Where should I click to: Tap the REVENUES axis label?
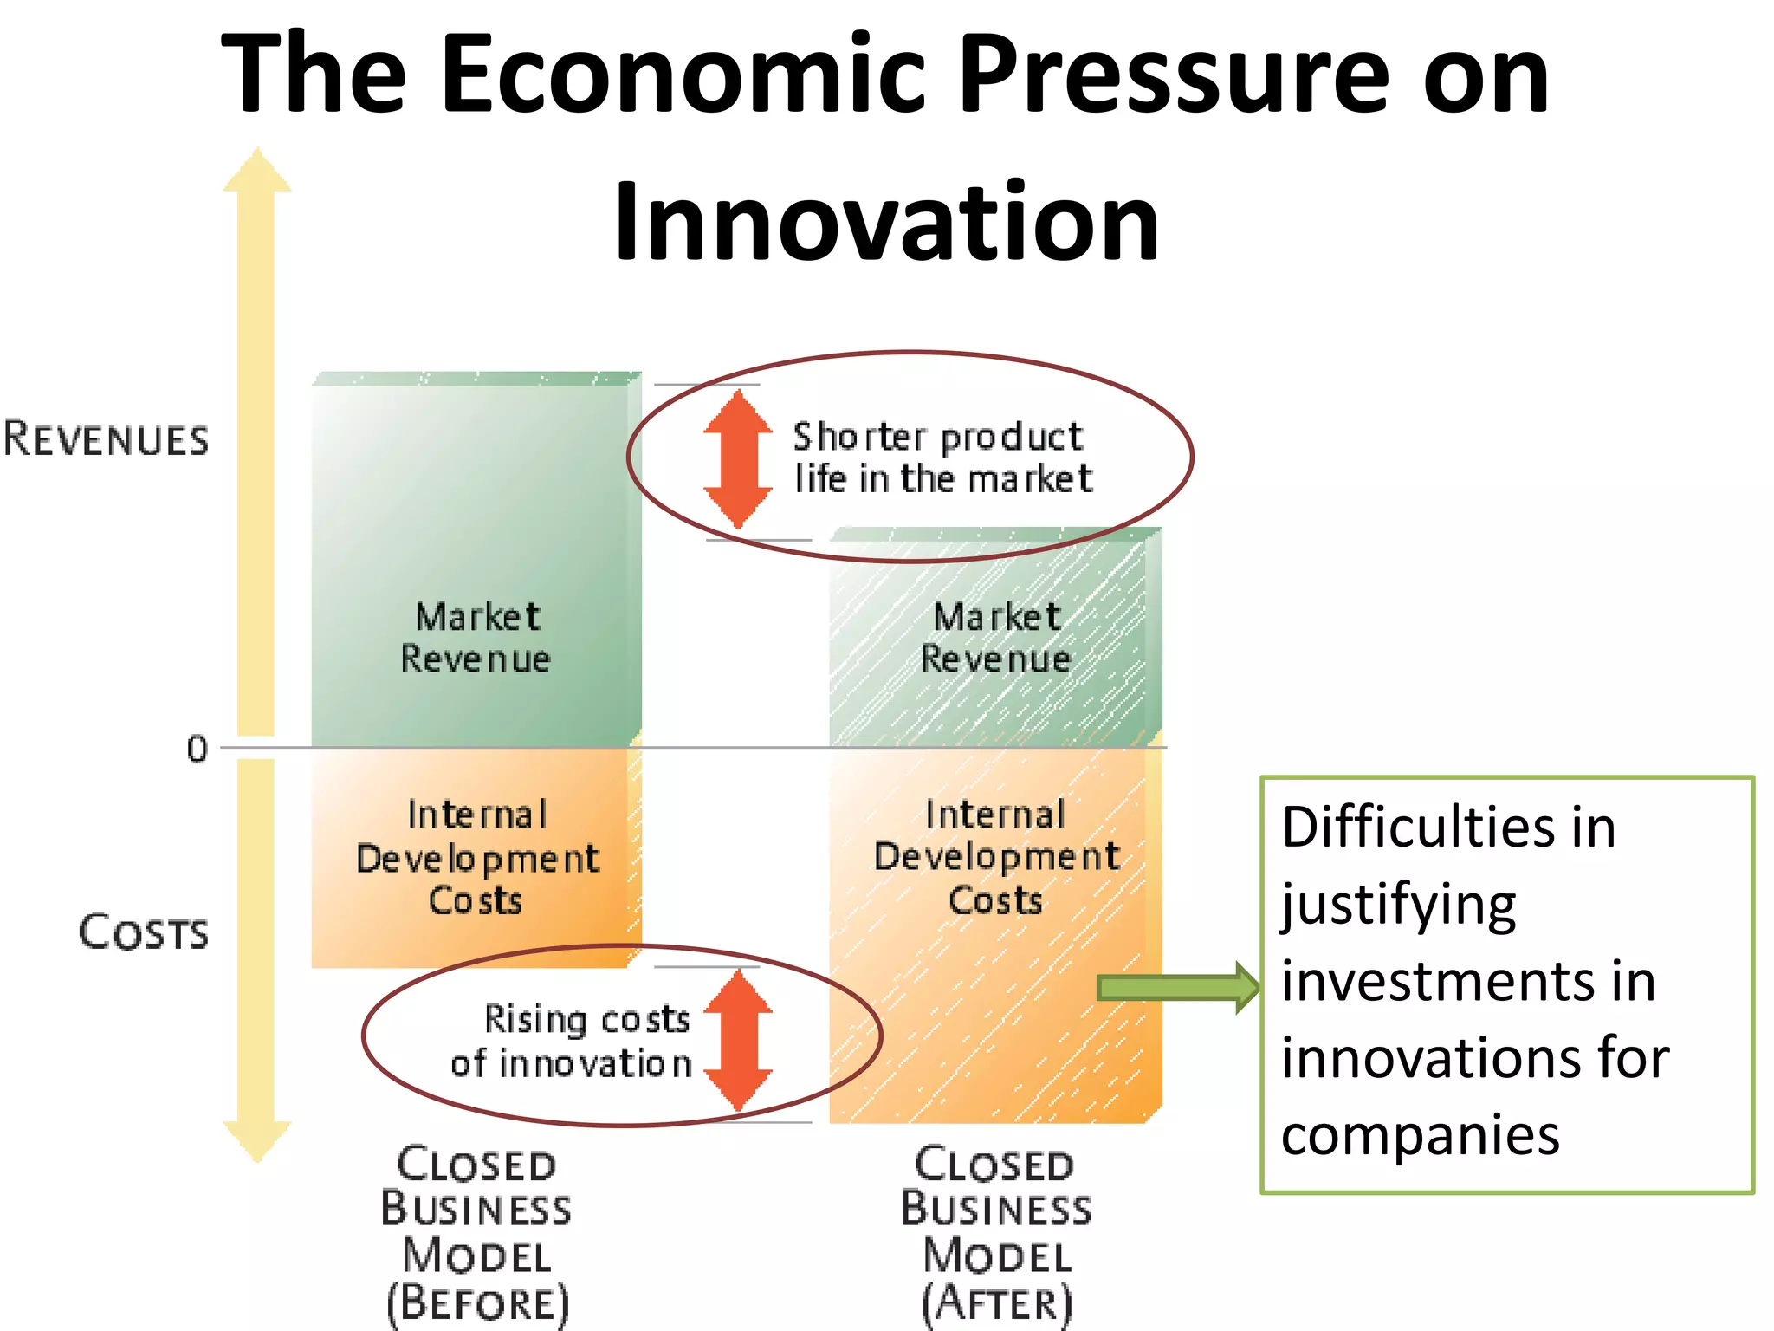(x=106, y=438)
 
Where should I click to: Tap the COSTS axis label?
(x=144, y=932)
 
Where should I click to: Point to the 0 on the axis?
(x=197, y=749)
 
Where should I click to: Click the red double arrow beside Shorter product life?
(x=737, y=458)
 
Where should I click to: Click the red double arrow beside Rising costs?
(x=737, y=1039)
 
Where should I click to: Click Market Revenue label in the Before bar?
(x=476, y=638)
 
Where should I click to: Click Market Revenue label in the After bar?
(x=996, y=638)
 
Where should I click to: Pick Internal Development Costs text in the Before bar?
(x=476, y=857)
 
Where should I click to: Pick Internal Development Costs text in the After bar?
(x=996, y=857)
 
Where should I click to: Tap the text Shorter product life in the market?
(x=942, y=458)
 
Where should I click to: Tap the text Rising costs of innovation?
(x=572, y=1041)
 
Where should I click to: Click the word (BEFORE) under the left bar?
(x=477, y=1303)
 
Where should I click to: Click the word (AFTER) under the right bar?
(x=997, y=1303)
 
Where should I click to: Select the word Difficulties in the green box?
(x=1417, y=827)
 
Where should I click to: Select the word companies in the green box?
(x=1421, y=1135)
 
